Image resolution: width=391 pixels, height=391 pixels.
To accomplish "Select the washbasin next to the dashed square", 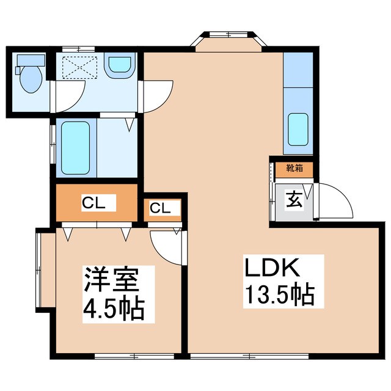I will [x=119, y=67].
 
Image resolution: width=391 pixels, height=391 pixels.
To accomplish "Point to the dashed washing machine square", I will [x=76, y=66].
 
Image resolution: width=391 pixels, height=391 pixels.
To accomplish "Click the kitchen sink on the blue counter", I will [x=298, y=130].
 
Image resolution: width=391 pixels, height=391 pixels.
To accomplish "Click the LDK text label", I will [x=271, y=269].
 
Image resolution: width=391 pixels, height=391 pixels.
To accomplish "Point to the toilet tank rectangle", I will [x=31, y=59].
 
